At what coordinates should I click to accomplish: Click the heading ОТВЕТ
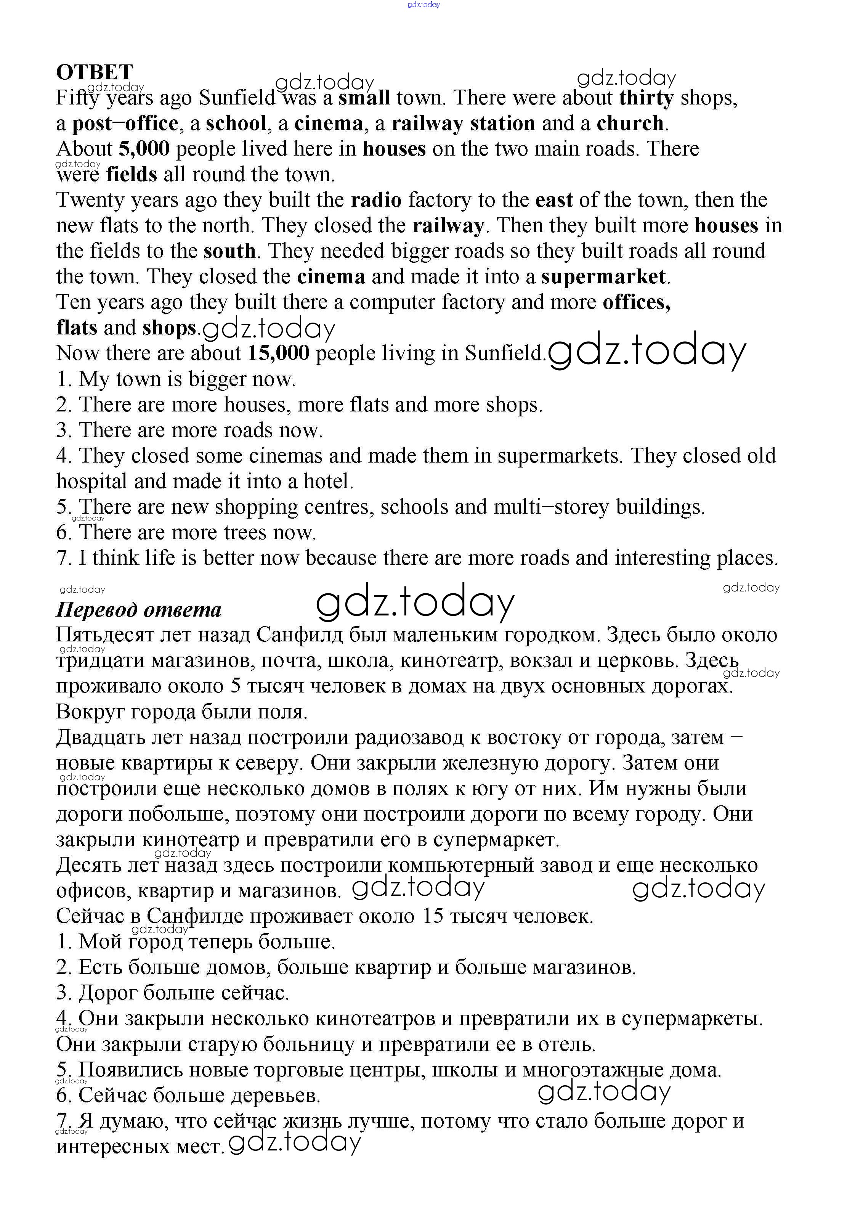(95, 72)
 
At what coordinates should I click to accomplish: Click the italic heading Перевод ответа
(138, 610)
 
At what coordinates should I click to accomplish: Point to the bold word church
(630, 123)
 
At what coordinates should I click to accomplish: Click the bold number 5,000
(144, 149)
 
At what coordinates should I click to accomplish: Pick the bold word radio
(376, 200)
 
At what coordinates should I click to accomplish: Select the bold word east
(554, 200)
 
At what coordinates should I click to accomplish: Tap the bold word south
(230, 251)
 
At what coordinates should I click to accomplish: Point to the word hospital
(92, 481)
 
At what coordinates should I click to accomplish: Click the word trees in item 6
(245, 533)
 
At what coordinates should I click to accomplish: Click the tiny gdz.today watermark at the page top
(423, 5)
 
